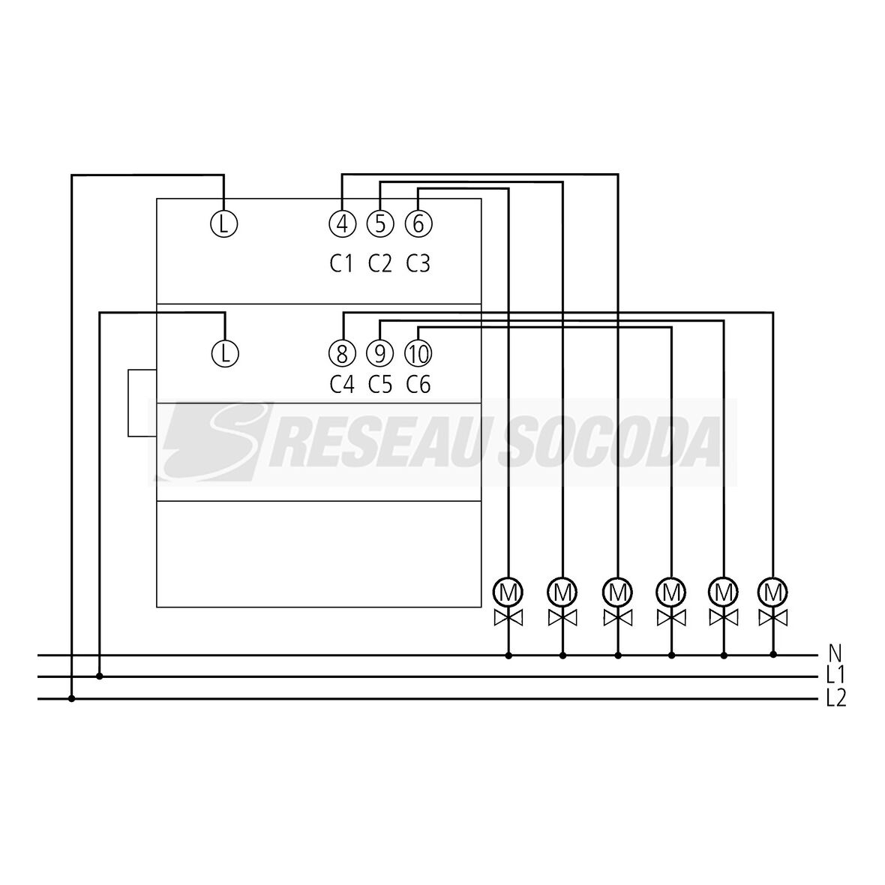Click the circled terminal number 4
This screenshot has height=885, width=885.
[x=342, y=223]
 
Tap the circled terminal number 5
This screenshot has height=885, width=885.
[x=380, y=223]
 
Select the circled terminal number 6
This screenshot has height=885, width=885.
[x=418, y=223]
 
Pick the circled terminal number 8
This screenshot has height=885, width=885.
[x=342, y=352]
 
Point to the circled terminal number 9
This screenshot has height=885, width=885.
[x=380, y=352]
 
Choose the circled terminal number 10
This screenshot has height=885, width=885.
[x=418, y=352]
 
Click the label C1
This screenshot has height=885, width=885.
[x=341, y=264]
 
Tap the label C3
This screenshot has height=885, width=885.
[x=418, y=264]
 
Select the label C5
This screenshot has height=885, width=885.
[x=380, y=385]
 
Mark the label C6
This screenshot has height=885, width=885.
[x=418, y=385]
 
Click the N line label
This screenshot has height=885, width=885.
[x=835, y=652]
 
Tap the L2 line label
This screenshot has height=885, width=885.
[x=836, y=699]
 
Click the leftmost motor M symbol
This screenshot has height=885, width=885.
[x=508, y=591]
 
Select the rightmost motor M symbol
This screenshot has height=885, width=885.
[x=773, y=591]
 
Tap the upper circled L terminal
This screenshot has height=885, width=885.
[x=223, y=223]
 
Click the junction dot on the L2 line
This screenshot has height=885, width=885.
[x=72, y=700]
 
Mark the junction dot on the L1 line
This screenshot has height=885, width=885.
[x=100, y=676]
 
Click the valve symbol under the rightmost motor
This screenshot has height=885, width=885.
[x=773, y=618]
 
